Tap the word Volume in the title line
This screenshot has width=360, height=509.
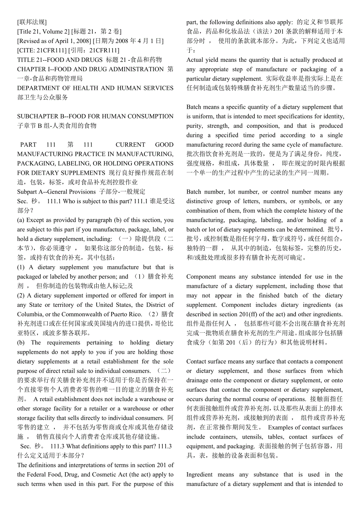[x=52, y=32]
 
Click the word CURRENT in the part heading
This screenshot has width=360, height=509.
[x=130, y=145]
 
